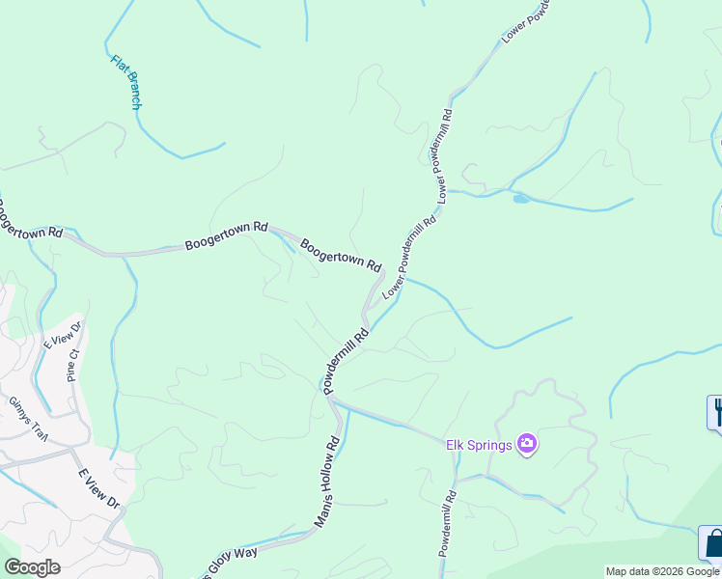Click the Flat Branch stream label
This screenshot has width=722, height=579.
(125, 82)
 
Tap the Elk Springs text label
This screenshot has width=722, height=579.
(478, 445)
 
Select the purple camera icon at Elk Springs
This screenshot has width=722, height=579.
(527, 444)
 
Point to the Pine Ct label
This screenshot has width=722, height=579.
(71, 365)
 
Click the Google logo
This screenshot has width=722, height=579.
(32, 567)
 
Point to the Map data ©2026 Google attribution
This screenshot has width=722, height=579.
(663, 571)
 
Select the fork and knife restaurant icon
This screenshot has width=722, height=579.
(716, 412)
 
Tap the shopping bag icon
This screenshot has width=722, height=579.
(712, 543)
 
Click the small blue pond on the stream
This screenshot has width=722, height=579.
(521, 199)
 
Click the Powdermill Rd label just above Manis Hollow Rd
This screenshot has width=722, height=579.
(347, 361)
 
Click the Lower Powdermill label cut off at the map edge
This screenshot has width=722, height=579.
(524, 21)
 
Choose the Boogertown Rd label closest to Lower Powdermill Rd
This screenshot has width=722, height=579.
(340, 254)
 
